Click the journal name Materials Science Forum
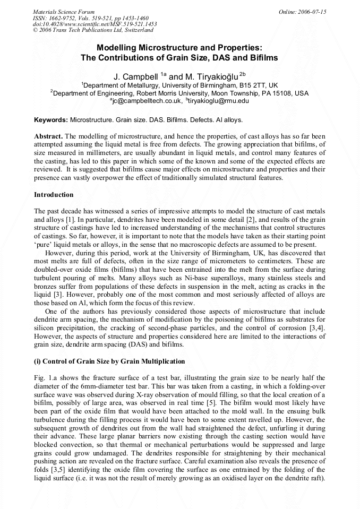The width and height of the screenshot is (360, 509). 64,12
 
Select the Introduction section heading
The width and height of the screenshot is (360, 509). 54,195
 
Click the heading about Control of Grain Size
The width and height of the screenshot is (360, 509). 109,361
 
